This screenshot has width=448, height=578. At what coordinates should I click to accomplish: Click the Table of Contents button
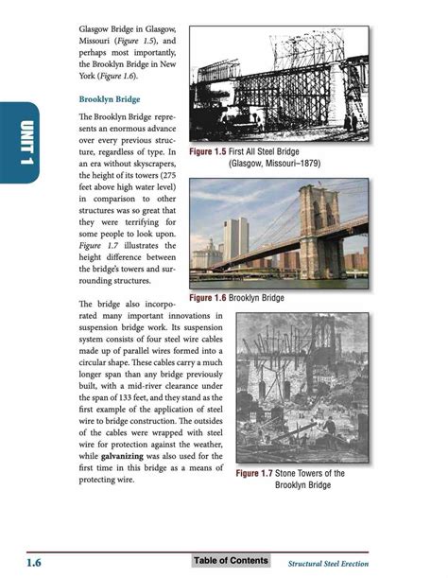point(231,561)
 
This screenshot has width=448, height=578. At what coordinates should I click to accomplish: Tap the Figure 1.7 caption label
point(256,473)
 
